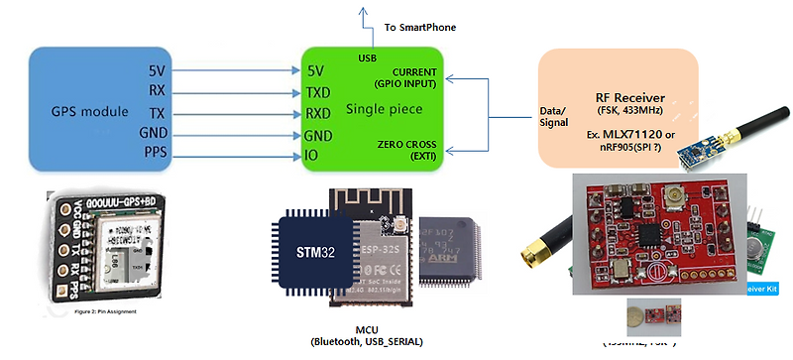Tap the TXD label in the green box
pyautogui.click(x=317, y=92)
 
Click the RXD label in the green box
pyautogui.click(x=317, y=113)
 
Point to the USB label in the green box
pyautogui.click(x=367, y=58)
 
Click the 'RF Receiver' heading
pyautogui.click(x=629, y=97)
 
